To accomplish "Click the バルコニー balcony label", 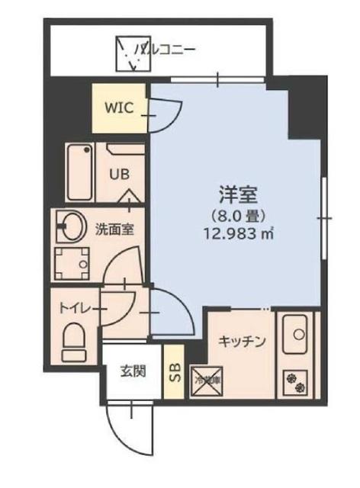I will click(166, 50).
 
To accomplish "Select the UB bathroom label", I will click(118, 173).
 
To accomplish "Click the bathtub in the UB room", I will click(79, 172).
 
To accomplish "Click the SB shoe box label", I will click(174, 373).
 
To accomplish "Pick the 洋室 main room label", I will click(234, 192).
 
